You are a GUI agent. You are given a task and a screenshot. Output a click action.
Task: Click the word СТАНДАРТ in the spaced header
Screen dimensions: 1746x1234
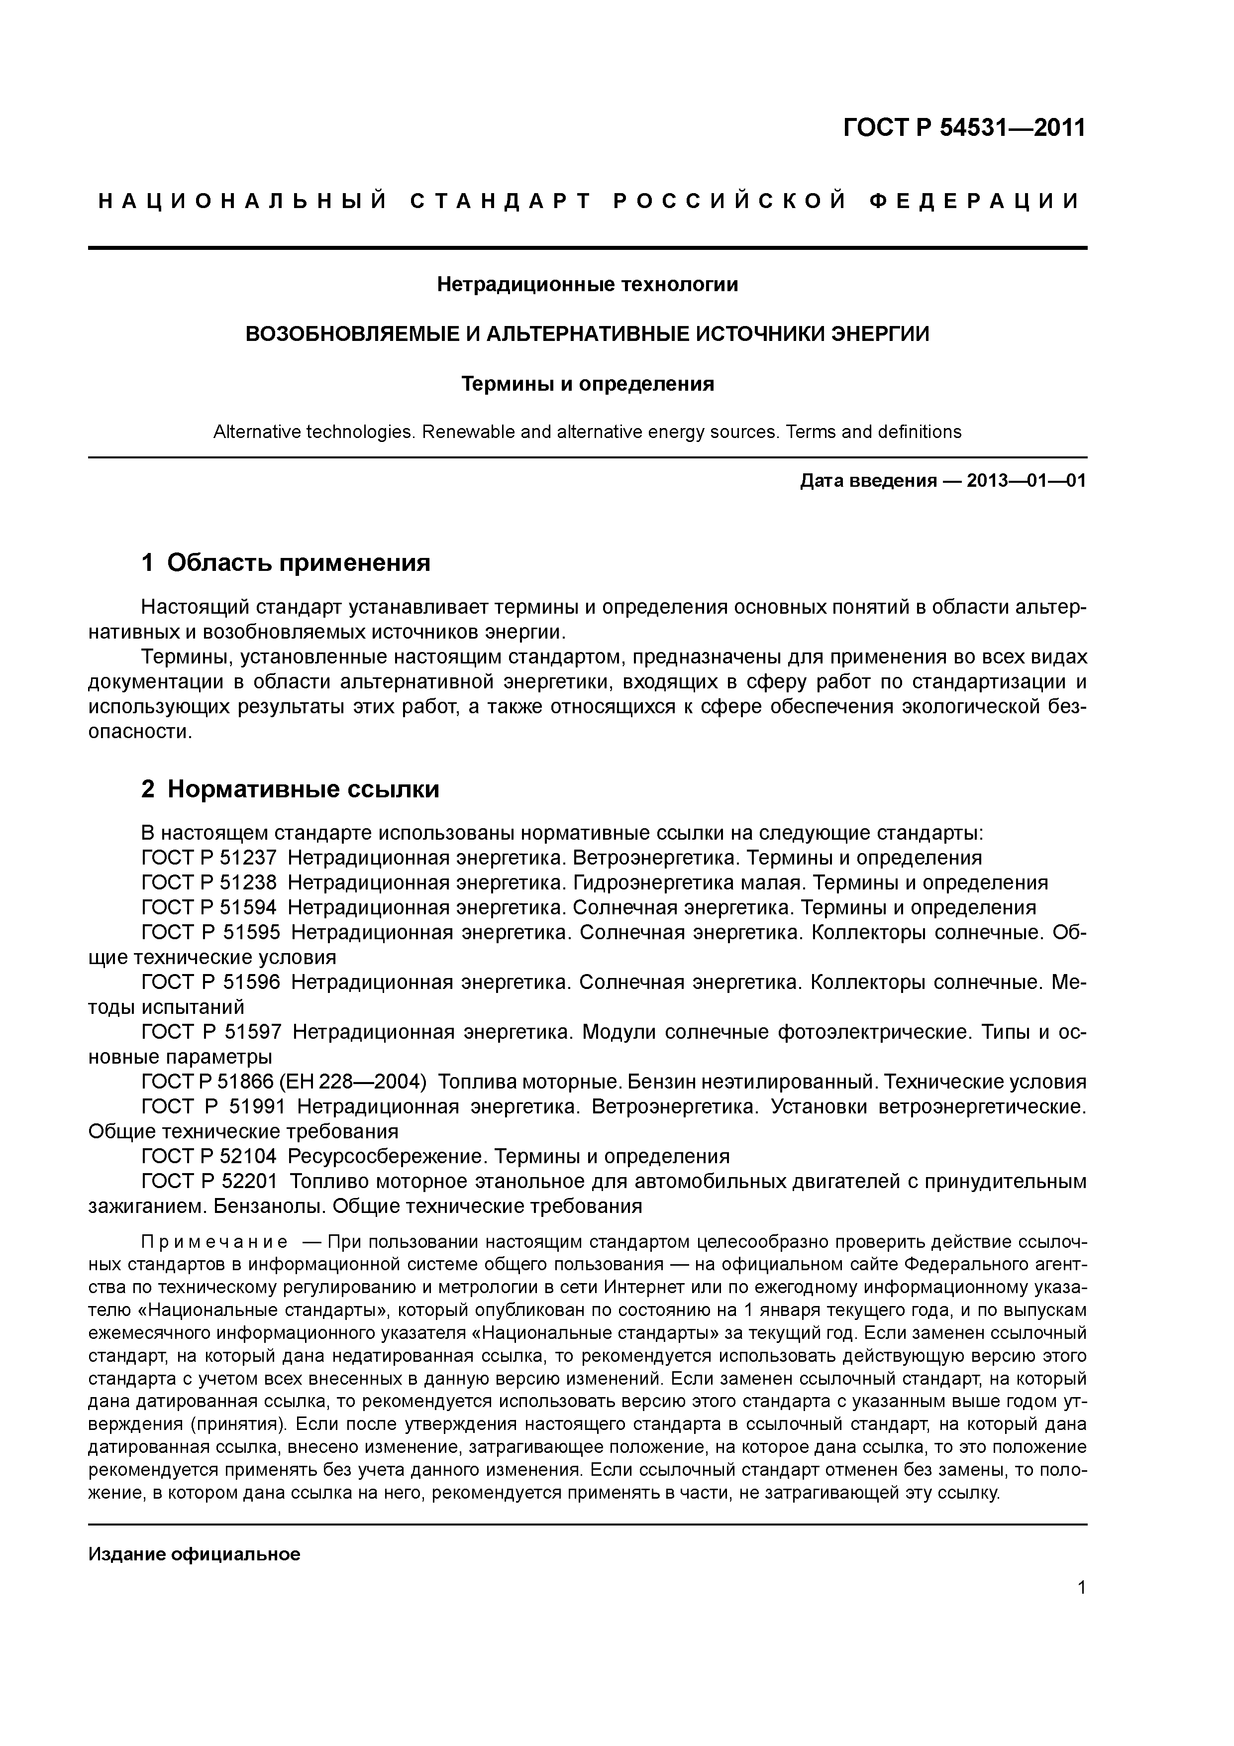[x=500, y=202]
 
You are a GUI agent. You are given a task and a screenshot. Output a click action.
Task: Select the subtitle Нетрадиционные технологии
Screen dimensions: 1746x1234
[x=587, y=284]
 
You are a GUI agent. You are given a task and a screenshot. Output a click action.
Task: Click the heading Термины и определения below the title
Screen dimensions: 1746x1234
[x=587, y=384]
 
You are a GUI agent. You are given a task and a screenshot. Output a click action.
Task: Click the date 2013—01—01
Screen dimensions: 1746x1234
[x=1027, y=481]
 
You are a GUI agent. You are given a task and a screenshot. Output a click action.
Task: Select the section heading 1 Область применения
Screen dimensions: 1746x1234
[x=286, y=563]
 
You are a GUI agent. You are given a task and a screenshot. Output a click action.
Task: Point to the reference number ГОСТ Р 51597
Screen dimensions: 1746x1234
[x=211, y=1032]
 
